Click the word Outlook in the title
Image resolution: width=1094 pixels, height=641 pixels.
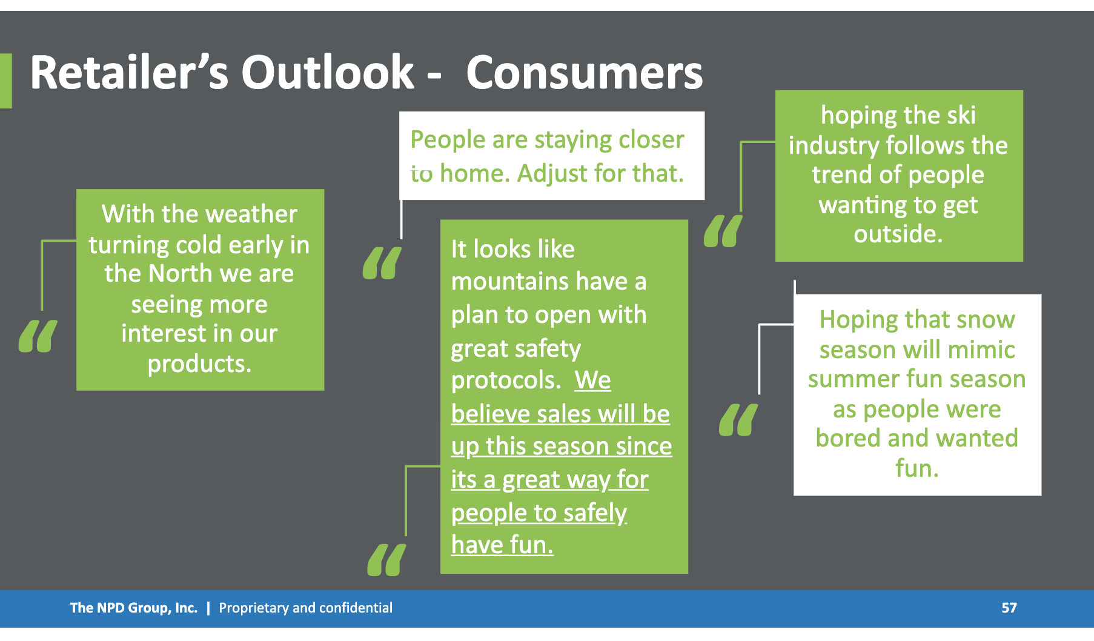click(328, 73)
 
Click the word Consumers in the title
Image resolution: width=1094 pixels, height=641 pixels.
click(585, 73)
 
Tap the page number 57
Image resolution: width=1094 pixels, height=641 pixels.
click(1009, 608)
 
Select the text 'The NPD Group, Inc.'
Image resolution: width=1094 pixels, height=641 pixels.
click(134, 608)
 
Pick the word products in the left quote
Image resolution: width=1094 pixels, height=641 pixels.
click(199, 364)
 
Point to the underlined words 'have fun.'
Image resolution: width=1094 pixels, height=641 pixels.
click(502, 545)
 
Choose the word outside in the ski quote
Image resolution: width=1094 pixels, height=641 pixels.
click(898, 234)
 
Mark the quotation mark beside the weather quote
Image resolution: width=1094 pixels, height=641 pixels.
click(38, 336)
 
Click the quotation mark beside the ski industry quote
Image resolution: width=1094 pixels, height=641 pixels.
click(723, 231)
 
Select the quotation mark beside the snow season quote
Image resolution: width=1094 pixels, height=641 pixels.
click(738, 420)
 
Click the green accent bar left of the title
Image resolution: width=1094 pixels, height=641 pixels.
click(6, 81)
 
